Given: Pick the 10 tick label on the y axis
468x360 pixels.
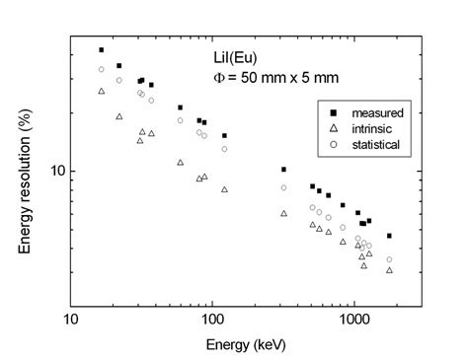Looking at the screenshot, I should tap(57, 171).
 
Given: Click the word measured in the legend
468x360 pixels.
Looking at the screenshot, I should tap(376, 112).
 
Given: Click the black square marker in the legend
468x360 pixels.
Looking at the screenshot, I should tap(335, 112).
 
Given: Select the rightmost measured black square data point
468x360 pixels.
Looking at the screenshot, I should tap(389, 236).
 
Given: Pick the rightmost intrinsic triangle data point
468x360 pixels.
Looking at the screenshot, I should tap(389, 269).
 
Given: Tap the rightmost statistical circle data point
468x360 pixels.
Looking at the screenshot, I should tap(389, 259).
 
